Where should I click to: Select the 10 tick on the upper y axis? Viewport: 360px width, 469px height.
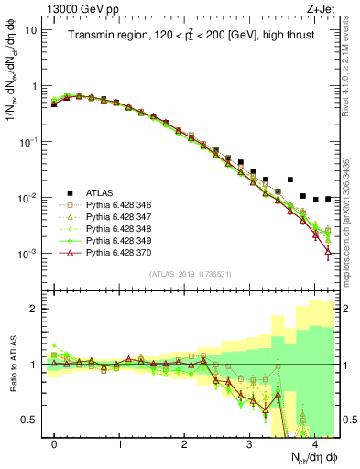pos(29,29)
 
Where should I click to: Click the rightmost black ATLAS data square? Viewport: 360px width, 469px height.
pos(328,198)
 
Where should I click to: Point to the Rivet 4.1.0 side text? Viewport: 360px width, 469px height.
pos(352,69)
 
